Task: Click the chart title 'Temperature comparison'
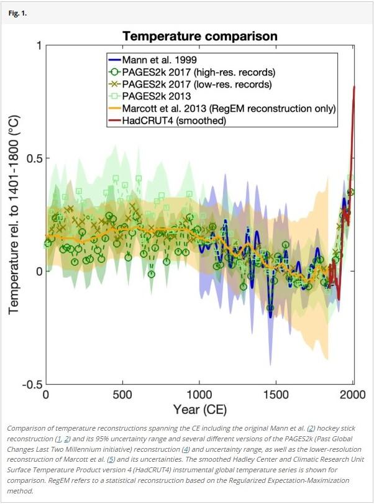pos(199,36)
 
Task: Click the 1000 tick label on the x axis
pos(199,395)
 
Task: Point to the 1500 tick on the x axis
pos(276,395)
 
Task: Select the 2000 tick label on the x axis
pos(353,395)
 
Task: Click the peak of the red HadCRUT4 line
pos(354,87)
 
